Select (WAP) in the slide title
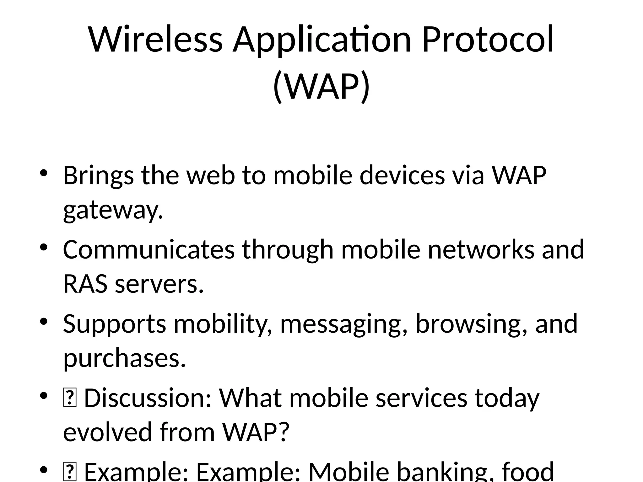pyautogui.click(x=321, y=86)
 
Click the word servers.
pyautogui.click(x=159, y=284)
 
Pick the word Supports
pyautogui.click(x=114, y=324)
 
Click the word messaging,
pyautogui.click(x=344, y=324)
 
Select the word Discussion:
pyautogui.click(x=148, y=398)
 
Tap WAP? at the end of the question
pyautogui.click(x=255, y=432)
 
